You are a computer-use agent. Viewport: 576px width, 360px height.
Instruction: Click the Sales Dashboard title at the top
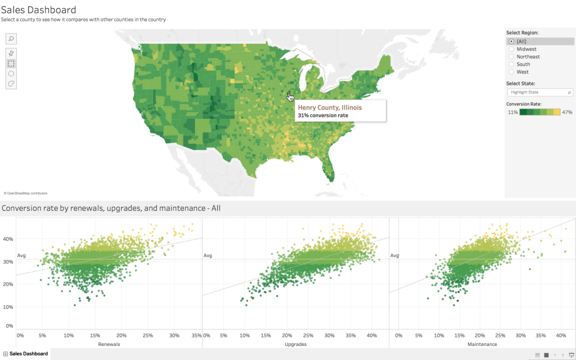coord(39,10)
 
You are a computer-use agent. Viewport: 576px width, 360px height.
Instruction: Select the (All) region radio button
coord(511,42)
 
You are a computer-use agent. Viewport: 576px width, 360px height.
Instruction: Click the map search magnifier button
coord(11,39)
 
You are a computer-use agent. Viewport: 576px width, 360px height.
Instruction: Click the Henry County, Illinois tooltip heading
coord(330,107)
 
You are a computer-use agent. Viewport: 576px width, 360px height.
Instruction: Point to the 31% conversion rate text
coord(323,115)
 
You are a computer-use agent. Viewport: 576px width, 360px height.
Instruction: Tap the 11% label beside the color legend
coord(512,112)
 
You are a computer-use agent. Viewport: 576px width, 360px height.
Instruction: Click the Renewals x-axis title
coord(109,344)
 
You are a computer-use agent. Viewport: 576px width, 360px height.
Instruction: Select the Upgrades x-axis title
coord(296,344)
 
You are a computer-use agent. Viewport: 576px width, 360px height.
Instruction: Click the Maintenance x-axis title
coord(482,344)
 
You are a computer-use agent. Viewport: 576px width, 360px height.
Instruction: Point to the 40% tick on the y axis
coord(8,239)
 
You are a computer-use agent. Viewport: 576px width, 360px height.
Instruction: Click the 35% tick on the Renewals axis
coord(196,335)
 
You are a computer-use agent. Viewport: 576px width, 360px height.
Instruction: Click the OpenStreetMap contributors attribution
coord(25,193)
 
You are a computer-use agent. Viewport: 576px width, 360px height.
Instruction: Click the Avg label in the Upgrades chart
coord(208,256)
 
